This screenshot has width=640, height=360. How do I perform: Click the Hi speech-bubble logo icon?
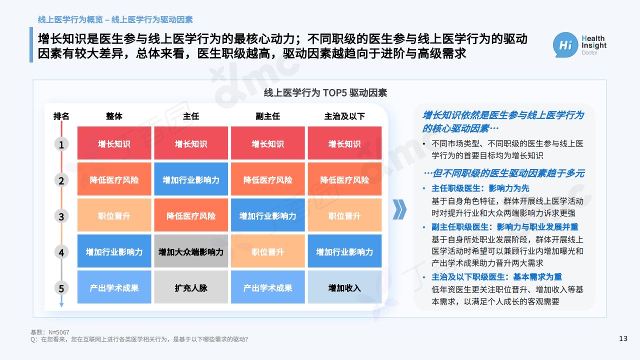565,45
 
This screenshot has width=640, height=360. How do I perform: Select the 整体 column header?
114,116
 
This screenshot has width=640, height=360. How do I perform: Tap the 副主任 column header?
267,116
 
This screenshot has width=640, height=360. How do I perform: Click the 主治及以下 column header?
344,116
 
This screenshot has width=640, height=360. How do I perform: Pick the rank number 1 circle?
61,144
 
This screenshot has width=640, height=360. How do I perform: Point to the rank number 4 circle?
61,252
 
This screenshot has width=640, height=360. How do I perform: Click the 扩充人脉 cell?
191,287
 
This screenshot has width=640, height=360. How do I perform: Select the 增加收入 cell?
344,287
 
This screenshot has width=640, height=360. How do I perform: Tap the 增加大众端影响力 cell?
191,251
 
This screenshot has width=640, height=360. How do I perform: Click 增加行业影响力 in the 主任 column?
191,179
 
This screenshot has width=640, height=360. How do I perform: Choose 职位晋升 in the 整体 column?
114,215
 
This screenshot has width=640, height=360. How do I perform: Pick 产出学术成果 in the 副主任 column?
267,287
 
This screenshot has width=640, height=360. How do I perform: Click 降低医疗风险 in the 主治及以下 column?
344,179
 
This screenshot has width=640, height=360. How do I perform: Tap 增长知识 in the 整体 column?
114,143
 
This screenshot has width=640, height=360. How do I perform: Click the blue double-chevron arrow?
399,209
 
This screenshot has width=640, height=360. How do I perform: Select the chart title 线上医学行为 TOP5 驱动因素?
325,93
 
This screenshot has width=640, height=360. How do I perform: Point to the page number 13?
623,338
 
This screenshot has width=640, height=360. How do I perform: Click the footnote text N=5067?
59,332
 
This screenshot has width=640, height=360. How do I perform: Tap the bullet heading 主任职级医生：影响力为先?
480,188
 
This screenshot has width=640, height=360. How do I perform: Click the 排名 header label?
61,116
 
